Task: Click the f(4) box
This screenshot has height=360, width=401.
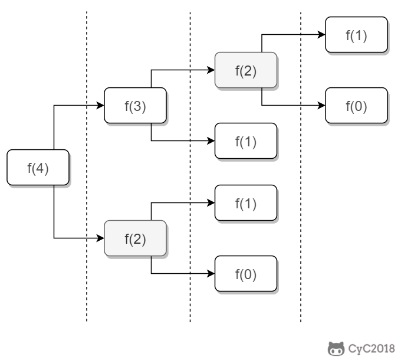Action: [x=38, y=168]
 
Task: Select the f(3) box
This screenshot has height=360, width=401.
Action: [x=134, y=106]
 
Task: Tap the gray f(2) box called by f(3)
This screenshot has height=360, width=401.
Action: [x=245, y=70]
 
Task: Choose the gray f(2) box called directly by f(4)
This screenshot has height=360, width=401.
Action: [x=134, y=238]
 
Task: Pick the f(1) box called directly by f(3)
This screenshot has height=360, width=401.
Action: [x=245, y=141]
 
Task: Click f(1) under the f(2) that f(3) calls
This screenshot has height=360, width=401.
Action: [x=356, y=35]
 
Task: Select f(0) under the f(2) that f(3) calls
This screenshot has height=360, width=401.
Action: [x=356, y=106]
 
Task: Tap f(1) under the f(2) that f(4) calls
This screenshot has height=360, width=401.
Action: [x=245, y=204]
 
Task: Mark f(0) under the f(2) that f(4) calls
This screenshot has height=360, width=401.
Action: [x=245, y=274]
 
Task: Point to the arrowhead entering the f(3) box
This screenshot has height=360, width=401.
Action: [x=100, y=106]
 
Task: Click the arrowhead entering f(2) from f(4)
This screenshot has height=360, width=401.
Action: [x=100, y=238]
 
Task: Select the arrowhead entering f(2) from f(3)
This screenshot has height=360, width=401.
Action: [x=211, y=70]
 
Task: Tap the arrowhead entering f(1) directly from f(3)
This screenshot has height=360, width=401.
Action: [x=211, y=141]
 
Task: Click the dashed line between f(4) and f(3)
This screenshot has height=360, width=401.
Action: [x=87, y=177]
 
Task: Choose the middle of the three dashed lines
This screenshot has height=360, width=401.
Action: [x=190, y=177]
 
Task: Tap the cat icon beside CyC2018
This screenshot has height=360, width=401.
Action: [x=336, y=349]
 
